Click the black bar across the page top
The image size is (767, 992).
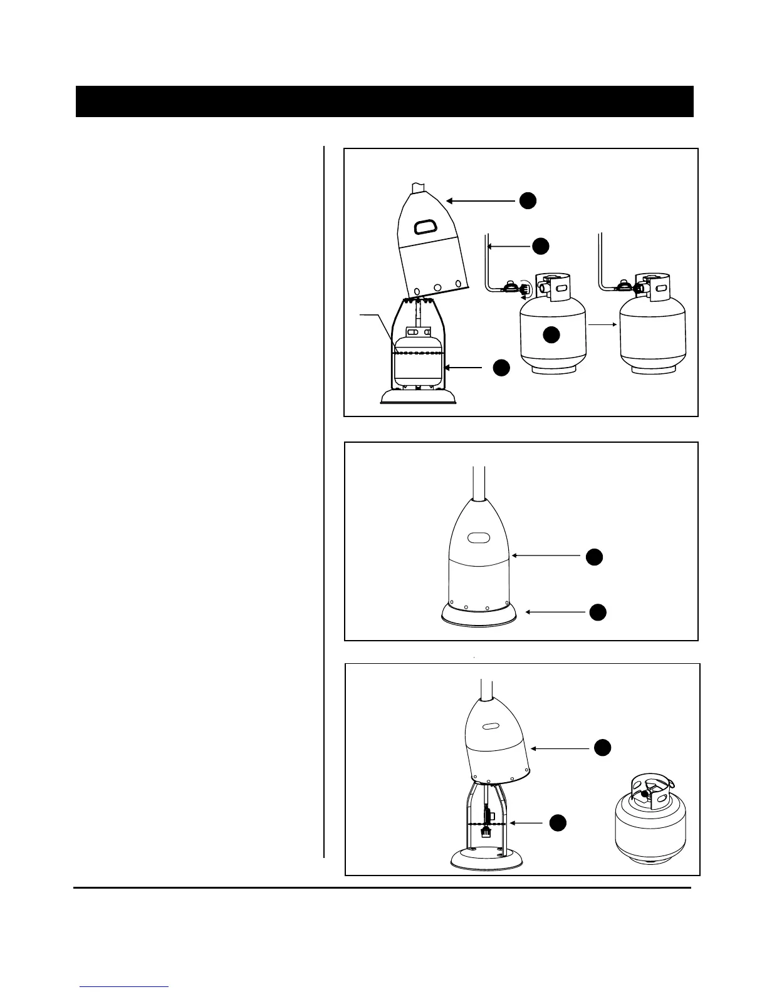point(384,101)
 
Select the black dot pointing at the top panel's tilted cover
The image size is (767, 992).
point(528,200)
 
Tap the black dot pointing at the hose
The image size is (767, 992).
point(541,246)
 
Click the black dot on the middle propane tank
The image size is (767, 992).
point(551,335)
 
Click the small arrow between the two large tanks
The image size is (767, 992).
point(603,325)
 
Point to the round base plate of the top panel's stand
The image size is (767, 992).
point(418,397)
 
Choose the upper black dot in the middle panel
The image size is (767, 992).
point(594,556)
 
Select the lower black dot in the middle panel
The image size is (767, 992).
point(598,612)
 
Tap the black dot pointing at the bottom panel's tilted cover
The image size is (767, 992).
point(602,747)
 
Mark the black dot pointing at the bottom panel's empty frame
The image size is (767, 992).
point(558,823)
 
